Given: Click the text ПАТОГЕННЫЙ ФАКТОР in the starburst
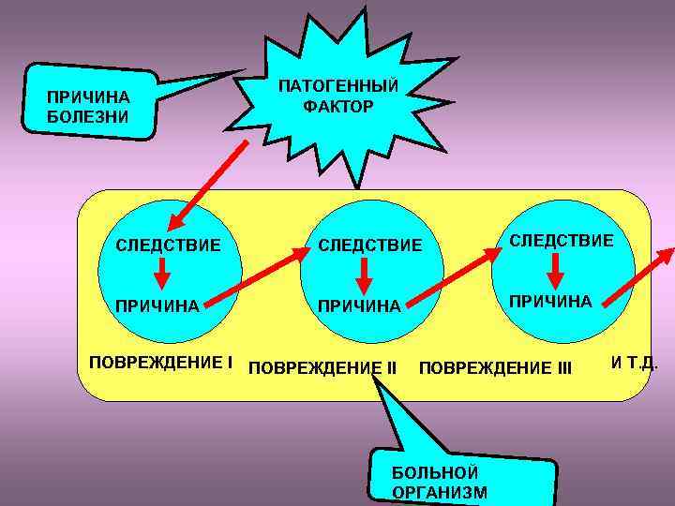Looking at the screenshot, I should pyautogui.click(x=337, y=96).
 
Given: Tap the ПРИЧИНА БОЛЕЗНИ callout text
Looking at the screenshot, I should pyautogui.click(x=87, y=108).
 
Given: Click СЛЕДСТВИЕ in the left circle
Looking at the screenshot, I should pyautogui.click(x=168, y=246).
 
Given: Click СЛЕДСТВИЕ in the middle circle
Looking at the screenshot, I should pyautogui.click(x=370, y=246).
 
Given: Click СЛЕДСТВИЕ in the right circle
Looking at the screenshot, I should pyautogui.click(x=561, y=241).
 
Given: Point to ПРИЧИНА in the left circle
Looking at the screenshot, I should pyautogui.click(x=157, y=305).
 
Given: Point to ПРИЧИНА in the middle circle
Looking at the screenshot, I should pyautogui.click(x=359, y=305).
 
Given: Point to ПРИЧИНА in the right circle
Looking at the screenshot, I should pyautogui.click(x=549, y=301).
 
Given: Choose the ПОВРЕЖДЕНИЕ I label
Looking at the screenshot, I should pyautogui.click(x=160, y=362).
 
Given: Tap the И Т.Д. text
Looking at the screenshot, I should pyautogui.click(x=634, y=361).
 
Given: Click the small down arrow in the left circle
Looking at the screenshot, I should pyautogui.click(x=162, y=274).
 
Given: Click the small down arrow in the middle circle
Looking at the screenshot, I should pyautogui.click(x=364, y=274).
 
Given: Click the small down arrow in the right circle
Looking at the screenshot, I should pyautogui.click(x=555, y=270).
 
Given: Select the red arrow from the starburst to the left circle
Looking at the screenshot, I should pyautogui.click(x=208, y=187).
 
